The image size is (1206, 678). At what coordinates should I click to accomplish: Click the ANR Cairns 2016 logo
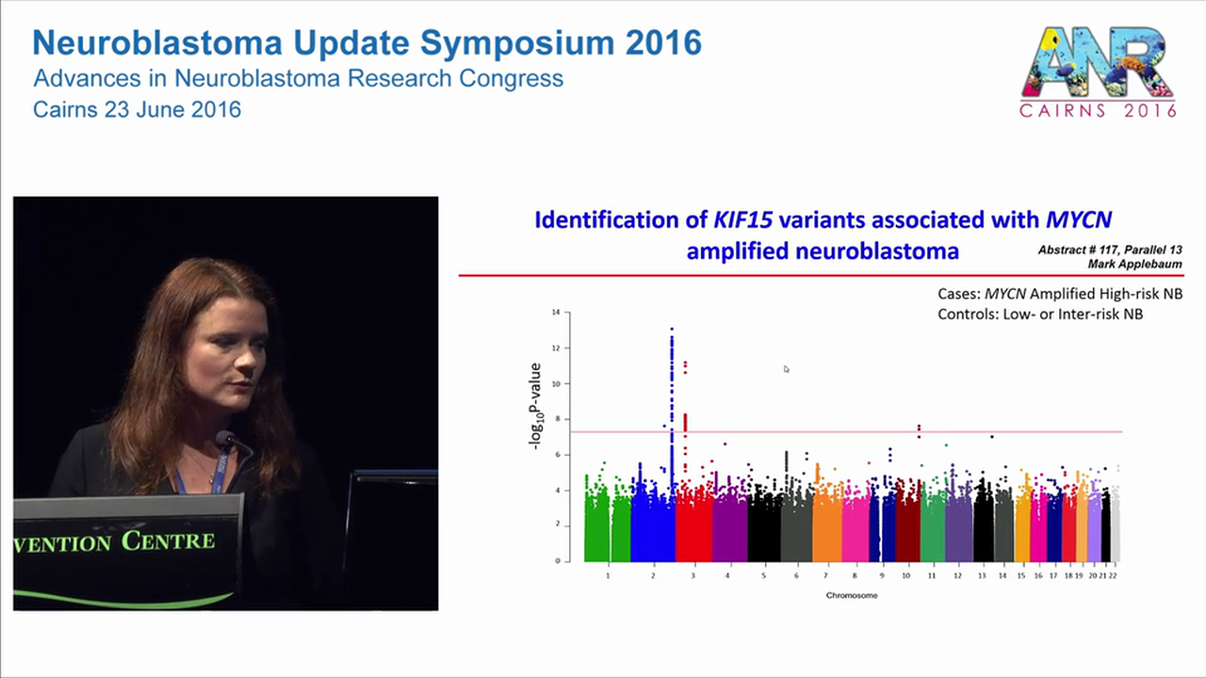click(x=1099, y=72)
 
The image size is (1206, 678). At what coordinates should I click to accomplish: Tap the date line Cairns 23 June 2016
click(x=137, y=109)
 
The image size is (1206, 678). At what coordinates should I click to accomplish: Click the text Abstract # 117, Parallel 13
click(x=1110, y=250)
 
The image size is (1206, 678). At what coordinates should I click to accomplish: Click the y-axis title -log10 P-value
click(x=536, y=406)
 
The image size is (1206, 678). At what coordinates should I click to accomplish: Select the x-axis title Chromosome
click(x=852, y=595)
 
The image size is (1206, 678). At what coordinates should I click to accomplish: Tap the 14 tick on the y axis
click(x=556, y=312)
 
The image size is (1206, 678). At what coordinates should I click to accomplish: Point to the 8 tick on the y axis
click(x=557, y=419)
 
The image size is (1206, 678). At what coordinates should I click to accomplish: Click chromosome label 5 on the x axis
click(x=763, y=575)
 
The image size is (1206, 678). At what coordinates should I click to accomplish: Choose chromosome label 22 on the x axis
click(x=1113, y=575)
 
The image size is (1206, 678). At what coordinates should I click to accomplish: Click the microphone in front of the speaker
click(x=224, y=439)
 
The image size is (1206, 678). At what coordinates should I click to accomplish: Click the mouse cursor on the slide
click(x=786, y=368)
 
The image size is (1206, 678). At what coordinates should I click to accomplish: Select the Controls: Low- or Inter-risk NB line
click(x=1040, y=314)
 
